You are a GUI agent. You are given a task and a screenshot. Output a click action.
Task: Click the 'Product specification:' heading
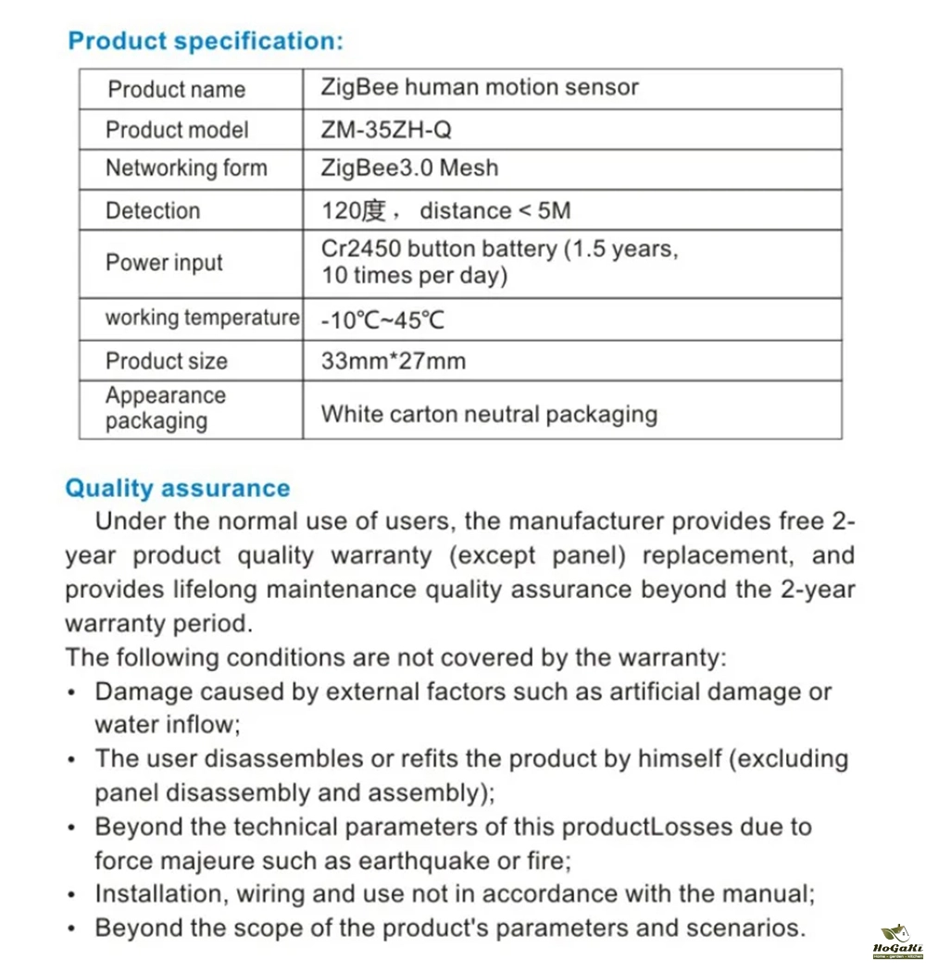[x=206, y=42]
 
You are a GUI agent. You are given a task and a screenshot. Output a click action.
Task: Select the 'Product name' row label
[x=176, y=90]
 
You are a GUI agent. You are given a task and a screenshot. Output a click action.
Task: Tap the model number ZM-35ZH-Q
[x=386, y=130]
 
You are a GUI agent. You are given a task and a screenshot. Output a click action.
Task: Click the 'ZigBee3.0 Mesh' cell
[x=409, y=168]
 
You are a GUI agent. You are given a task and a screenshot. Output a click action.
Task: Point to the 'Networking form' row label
[x=186, y=168]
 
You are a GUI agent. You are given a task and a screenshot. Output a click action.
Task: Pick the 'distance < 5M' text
[x=495, y=211]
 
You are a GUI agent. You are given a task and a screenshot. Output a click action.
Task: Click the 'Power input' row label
[x=164, y=263]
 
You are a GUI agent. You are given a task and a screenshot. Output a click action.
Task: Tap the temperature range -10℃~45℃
[x=382, y=321]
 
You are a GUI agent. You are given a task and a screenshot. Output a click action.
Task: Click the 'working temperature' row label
[x=202, y=318]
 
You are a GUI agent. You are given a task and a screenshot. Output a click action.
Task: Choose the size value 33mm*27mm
[x=393, y=361]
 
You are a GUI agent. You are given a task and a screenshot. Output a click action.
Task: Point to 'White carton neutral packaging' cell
[x=489, y=414]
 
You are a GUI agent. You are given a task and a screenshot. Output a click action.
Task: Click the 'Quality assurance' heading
[x=177, y=489]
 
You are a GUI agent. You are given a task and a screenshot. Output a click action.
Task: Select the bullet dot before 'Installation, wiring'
[x=72, y=896]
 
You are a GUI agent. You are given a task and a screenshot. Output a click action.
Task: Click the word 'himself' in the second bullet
[x=675, y=759]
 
